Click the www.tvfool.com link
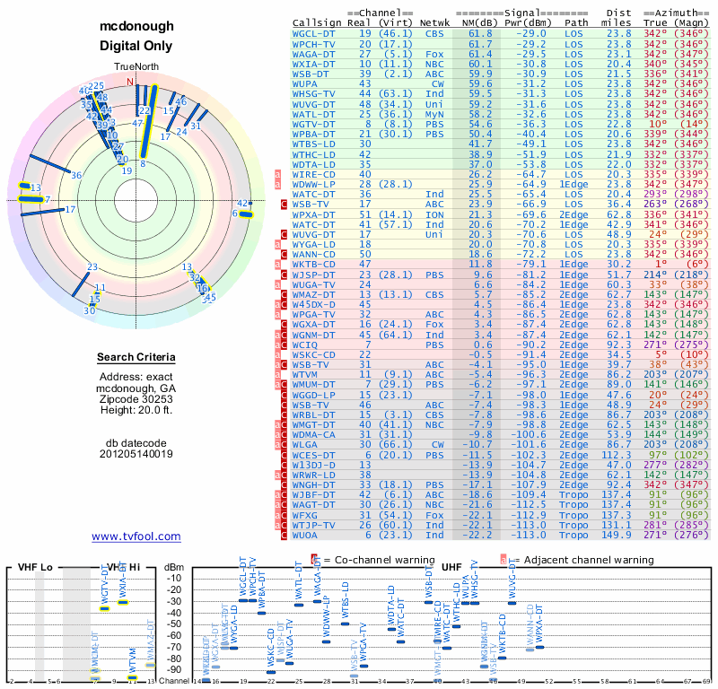(136, 536)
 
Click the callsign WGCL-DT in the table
(314, 32)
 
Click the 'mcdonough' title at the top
(136, 26)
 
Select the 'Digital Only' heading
(136, 46)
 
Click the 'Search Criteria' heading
(136, 358)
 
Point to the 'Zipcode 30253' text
(136, 397)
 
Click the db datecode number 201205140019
(136, 453)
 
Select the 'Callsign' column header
(316, 22)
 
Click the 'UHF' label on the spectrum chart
(454, 568)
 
